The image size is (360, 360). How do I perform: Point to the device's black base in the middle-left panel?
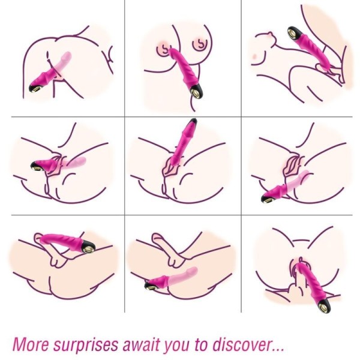pos(37,164)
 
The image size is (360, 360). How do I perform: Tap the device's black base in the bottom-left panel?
pos(88,243)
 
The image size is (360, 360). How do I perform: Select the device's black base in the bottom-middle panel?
pos(151,285)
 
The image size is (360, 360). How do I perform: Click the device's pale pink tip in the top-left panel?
pos(66,57)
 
